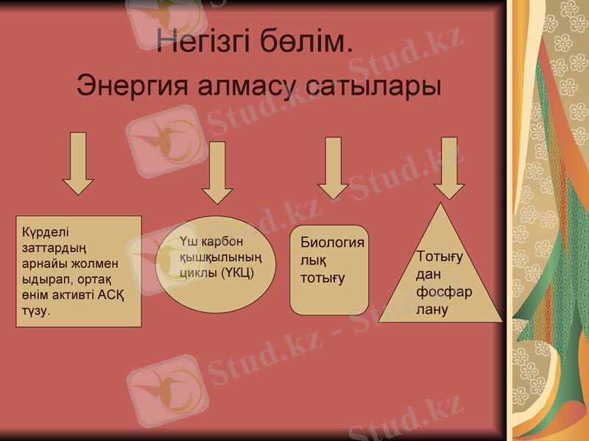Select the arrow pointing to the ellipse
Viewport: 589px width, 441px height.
pyautogui.click(x=217, y=172)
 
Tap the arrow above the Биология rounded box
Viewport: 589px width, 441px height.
pyautogui.click(x=334, y=167)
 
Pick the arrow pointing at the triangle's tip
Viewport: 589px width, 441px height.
pyautogui.click(x=449, y=167)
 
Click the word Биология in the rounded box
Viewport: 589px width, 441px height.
pyautogui.click(x=332, y=243)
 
